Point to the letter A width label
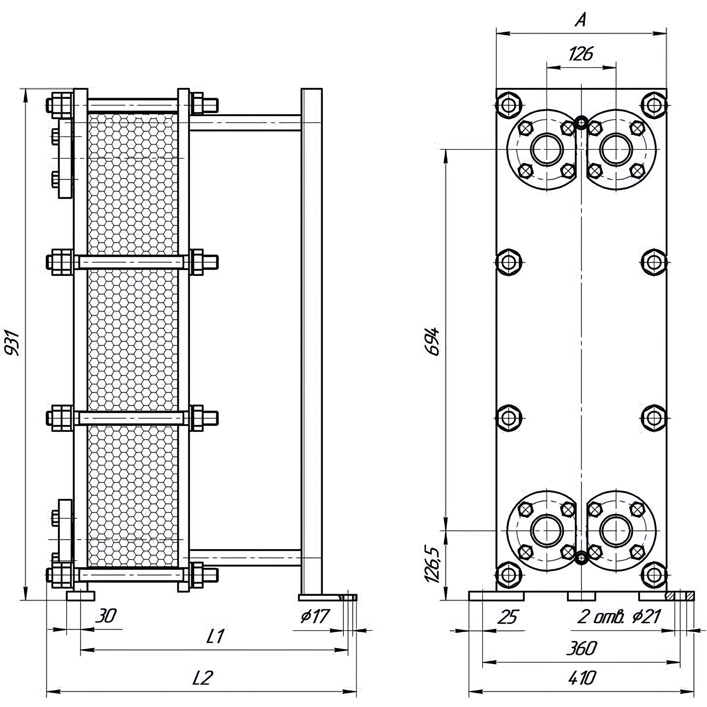click(580, 21)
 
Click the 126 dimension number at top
click(581, 54)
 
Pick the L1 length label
click(215, 637)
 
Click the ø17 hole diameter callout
click(315, 617)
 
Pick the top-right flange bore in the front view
click(616, 150)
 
